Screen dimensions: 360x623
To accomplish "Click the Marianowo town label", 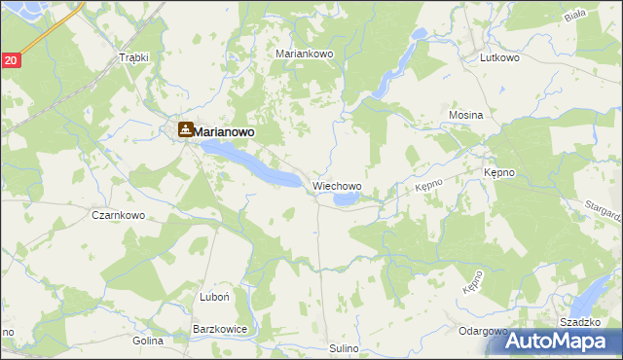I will (232, 130).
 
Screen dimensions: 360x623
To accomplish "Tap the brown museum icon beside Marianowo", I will (185, 129).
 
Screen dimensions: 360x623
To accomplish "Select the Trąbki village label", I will (132, 57).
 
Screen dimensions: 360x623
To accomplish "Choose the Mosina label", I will (466, 115).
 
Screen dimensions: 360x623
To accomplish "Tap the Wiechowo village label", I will (337, 185).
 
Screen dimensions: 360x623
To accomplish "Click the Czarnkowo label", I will (118, 215).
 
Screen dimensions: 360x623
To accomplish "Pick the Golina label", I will (148, 342).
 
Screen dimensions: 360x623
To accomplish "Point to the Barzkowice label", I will (220, 330).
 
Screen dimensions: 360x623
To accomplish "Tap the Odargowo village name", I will (484, 331).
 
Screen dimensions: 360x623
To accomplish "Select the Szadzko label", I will (578, 321).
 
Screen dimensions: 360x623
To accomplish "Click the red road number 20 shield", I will (10, 60).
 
